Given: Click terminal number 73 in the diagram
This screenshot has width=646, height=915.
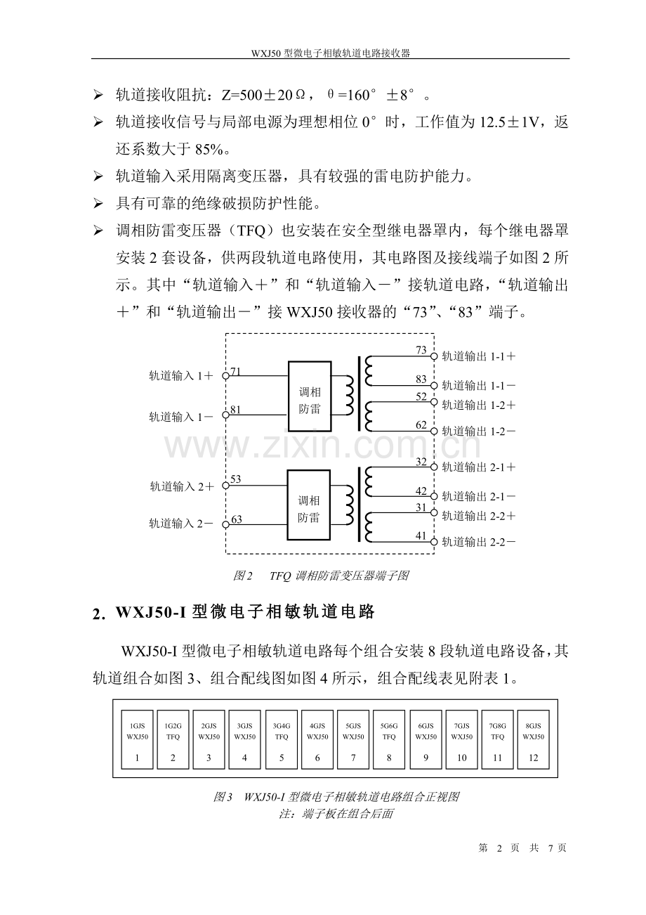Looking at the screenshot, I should [421, 350].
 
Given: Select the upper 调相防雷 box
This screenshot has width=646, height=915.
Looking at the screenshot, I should [310, 396].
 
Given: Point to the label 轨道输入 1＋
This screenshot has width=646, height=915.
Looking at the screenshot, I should [181, 376].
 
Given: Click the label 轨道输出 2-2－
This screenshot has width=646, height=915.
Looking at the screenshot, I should [479, 542].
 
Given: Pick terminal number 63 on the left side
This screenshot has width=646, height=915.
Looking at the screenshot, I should [236, 519].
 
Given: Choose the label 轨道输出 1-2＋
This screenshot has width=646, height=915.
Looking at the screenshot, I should [479, 405].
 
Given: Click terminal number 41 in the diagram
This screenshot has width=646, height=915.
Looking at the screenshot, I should [421, 536].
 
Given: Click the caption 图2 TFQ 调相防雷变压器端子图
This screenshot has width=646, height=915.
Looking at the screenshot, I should [321, 576].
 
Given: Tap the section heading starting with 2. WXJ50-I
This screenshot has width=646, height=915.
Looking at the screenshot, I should [235, 613].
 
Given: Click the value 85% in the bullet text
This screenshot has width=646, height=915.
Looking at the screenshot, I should [189, 149].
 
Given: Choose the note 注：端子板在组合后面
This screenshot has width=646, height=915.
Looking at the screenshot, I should [336, 814].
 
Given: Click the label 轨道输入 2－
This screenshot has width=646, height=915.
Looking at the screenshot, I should [181, 524].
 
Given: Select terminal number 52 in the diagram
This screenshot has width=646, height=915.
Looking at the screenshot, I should [421, 397].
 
